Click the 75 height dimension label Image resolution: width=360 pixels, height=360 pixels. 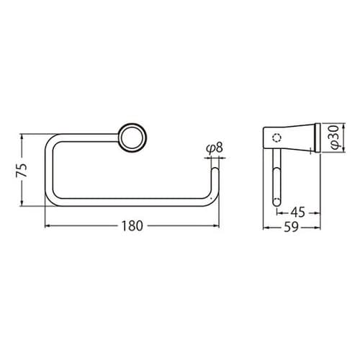pyautogui.click(x=22, y=171)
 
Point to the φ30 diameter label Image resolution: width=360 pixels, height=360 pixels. pyautogui.click(x=333, y=138)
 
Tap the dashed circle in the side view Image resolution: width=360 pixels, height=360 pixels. pyautogui.click(x=276, y=137)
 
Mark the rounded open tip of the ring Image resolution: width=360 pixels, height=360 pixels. pyautogui.click(x=214, y=171)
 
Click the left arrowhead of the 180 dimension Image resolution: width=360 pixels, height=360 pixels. pyautogui.click(x=48, y=225)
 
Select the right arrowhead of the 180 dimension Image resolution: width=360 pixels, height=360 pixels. pyautogui.click(x=215, y=225)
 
